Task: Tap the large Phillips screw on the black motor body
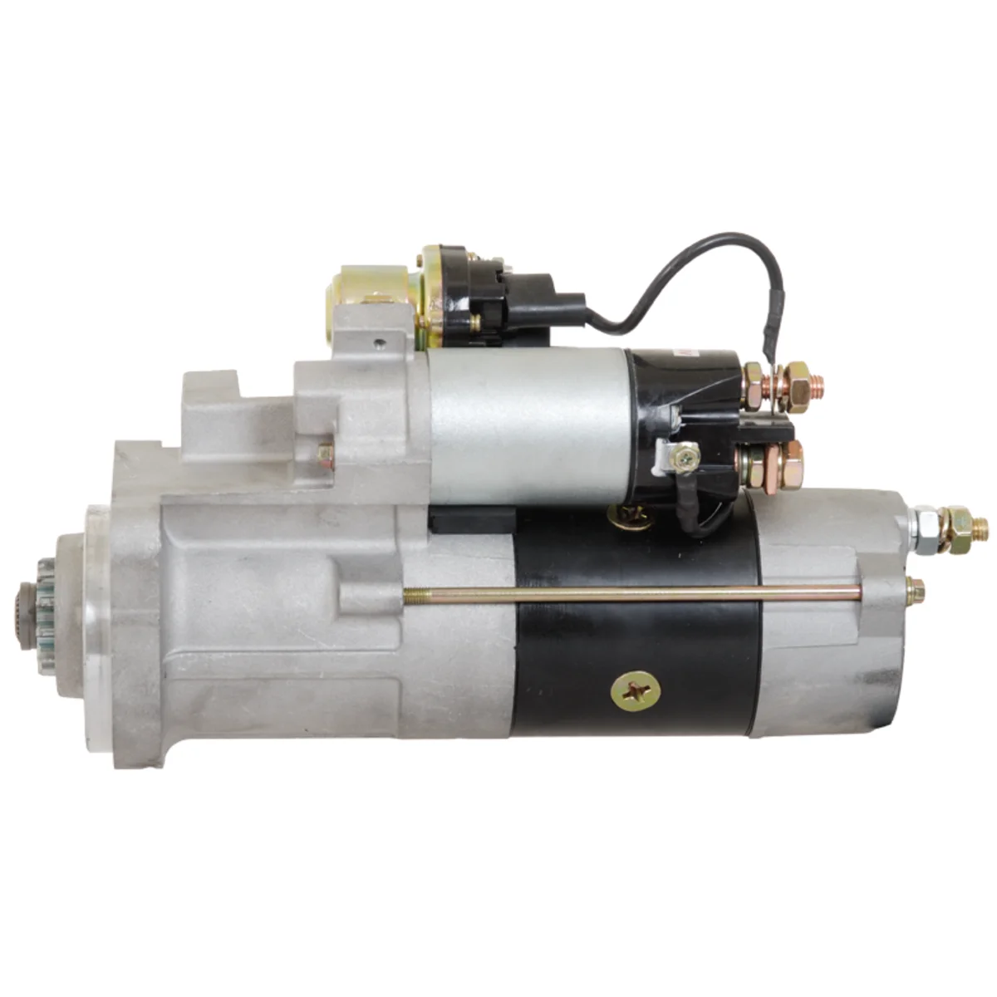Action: pos(636,690)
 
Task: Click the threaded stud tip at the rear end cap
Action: pos(980,525)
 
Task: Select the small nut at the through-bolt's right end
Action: pos(914,590)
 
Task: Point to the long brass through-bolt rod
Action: pos(631,593)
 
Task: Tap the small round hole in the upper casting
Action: pos(379,341)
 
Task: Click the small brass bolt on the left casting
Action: pos(325,454)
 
